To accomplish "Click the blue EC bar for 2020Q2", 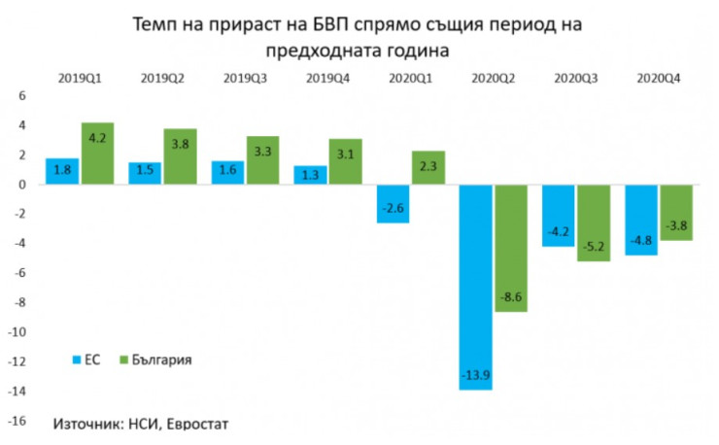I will [x=476, y=287].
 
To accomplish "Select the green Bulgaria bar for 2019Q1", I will [x=97, y=153].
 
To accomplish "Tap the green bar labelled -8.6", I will [x=512, y=248].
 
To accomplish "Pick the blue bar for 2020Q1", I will [x=394, y=203].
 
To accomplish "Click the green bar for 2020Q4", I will [x=675, y=212].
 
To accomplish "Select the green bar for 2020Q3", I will [x=595, y=222].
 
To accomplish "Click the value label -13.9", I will [x=476, y=378].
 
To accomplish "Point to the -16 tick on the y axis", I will [x=18, y=422].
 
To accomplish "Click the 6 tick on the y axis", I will [x=22, y=95].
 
